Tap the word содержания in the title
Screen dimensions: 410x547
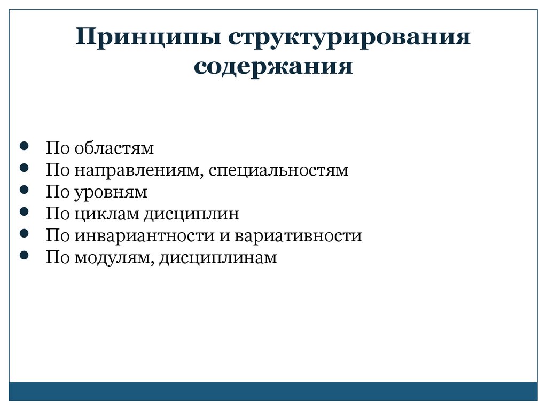tap(273, 67)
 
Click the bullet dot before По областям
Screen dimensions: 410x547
tap(24, 146)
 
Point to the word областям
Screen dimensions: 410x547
tap(114, 148)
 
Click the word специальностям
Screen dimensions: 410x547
tap(278, 170)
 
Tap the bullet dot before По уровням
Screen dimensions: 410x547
tap(24, 190)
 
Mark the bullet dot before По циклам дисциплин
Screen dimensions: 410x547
tap(24, 211)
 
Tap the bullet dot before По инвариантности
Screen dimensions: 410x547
tap(24, 233)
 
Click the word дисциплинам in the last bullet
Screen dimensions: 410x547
tap(217, 258)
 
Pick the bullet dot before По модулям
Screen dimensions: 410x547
tap(24, 255)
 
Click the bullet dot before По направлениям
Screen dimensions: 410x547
tap(24, 168)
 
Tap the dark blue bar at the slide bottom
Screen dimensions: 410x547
tap(273, 391)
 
